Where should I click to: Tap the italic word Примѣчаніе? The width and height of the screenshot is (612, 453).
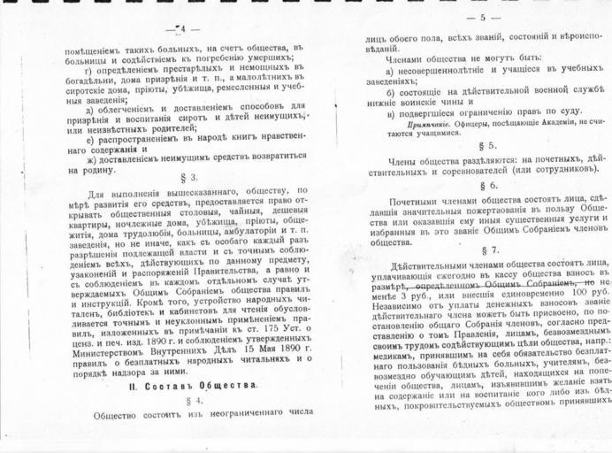[414, 120]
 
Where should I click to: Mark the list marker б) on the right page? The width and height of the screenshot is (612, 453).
[390, 92]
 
